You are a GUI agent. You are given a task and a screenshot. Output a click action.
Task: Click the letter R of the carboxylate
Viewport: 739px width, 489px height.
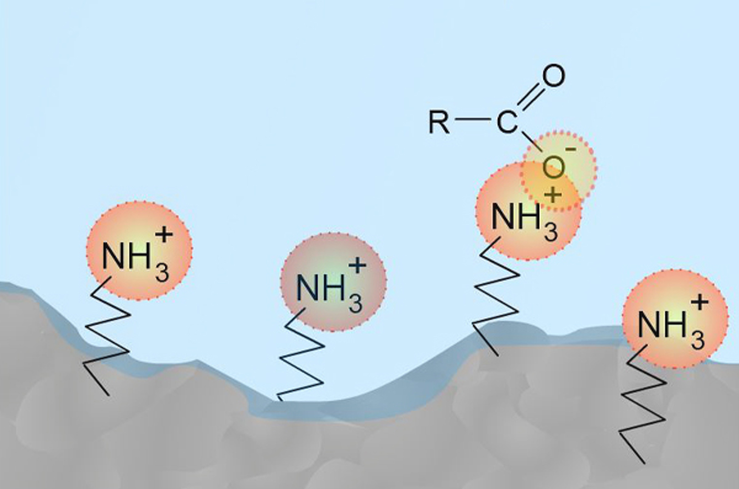click(439, 122)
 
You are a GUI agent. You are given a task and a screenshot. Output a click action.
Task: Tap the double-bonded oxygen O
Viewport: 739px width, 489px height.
click(553, 76)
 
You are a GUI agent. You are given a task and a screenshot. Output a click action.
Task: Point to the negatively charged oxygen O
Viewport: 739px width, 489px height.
click(553, 168)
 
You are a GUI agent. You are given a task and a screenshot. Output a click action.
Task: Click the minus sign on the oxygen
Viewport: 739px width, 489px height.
click(571, 149)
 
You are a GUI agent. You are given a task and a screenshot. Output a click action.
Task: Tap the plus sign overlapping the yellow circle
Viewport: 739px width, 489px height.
click(553, 195)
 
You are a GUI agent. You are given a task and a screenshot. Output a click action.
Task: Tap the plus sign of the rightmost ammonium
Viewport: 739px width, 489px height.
click(699, 303)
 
